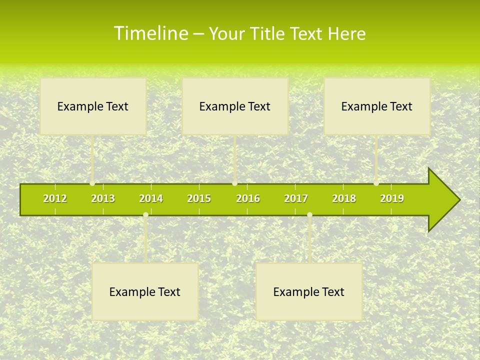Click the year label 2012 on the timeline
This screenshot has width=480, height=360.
tap(55, 198)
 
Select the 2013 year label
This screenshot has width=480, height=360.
tap(103, 198)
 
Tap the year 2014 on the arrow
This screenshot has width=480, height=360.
tap(151, 198)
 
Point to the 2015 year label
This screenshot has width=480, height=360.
tap(199, 198)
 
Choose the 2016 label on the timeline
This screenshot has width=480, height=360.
tap(248, 198)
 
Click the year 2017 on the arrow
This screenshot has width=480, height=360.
tap(296, 198)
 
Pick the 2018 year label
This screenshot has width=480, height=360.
tap(344, 198)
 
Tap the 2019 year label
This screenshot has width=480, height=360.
tap(392, 198)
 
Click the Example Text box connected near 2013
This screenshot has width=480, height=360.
tap(93, 106)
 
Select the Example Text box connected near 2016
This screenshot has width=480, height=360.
tap(235, 106)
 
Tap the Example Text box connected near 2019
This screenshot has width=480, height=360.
tap(377, 106)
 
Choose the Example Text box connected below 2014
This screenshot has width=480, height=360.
tap(145, 291)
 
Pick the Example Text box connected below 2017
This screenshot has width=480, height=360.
tap(309, 291)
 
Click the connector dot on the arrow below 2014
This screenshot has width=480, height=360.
tap(145, 215)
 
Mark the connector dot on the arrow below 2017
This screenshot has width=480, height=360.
tap(309, 215)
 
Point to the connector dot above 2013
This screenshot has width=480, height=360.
tap(92, 183)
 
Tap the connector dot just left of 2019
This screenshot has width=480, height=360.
tap(376, 183)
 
